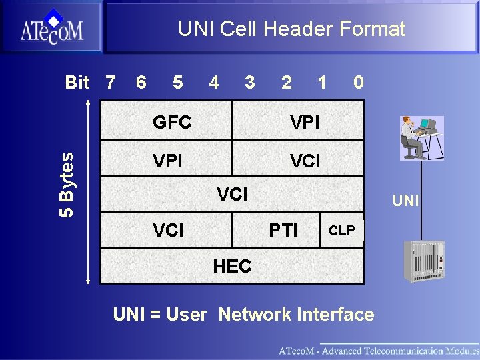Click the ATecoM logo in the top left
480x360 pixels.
point(51,27)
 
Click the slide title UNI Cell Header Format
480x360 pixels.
point(291,29)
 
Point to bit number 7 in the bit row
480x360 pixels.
point(110,82)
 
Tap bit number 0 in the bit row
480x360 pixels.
point(359,82)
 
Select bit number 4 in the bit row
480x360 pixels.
point(213,82)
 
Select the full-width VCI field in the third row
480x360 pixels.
point(232,194)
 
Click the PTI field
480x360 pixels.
point(283,231)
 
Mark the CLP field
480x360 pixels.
point(342,231)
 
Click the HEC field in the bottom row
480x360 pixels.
point(232,266)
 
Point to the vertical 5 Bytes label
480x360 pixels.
point(67,183)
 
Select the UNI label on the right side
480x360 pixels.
point(405,200)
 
